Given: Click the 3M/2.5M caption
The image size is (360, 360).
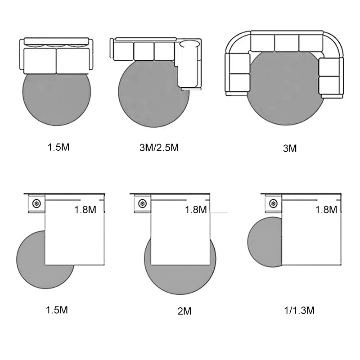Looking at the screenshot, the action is click(159, 148).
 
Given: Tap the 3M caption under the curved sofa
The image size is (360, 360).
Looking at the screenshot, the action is click(290, 148).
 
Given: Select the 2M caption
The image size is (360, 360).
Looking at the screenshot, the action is click(184, 311).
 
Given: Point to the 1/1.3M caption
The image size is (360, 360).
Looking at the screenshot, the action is click(299, 310).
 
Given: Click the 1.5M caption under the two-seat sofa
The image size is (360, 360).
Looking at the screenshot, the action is click(58, 147).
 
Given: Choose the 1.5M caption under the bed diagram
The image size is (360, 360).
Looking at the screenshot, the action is click(57, 310).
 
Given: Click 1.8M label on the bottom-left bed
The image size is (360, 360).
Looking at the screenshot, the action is click(85, 210).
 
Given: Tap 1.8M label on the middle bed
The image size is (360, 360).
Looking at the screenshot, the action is click(196, 210).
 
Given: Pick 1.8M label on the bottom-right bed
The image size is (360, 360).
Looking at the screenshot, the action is click(326, 210).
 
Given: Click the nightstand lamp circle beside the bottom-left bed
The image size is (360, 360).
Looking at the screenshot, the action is click(36, 203).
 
